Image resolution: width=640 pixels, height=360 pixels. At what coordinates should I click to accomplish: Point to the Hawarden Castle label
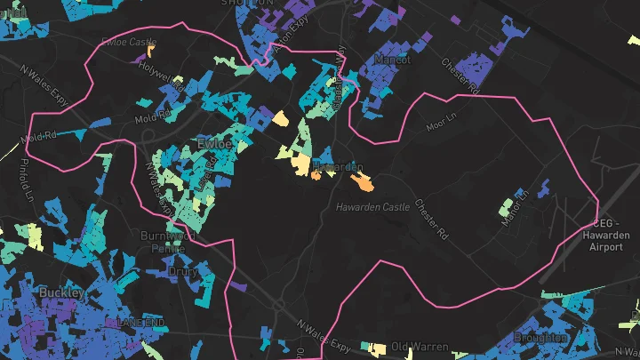(x=373, y=207)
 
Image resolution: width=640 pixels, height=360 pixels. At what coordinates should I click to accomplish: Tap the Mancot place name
(x=392, y=60)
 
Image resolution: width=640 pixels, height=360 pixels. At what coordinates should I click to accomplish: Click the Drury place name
(x=182, y=271)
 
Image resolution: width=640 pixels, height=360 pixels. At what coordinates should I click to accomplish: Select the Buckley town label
(x=60, y=292)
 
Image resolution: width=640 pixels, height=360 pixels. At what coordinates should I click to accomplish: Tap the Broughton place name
(x=540, y=338)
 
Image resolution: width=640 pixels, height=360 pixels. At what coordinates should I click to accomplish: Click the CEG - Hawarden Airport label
(x=606, y=235)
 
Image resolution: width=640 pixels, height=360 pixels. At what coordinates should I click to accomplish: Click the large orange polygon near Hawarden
(x=362, y=183)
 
